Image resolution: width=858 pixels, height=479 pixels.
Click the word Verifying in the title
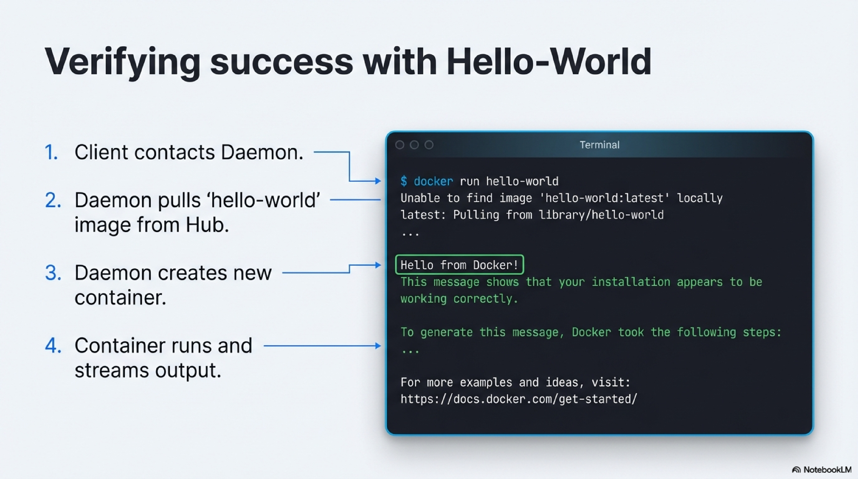point(122,62)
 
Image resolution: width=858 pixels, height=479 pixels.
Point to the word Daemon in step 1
point(262,152)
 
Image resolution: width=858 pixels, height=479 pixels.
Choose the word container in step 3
point(120,298)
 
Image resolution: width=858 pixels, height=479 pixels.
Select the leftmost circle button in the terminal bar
point(400,145)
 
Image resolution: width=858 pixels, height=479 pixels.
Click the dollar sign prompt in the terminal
point(404,181)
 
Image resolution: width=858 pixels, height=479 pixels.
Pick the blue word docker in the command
point(433,181)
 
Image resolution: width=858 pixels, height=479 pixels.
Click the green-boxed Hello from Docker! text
point(459,265)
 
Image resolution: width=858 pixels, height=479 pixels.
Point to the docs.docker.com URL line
point(519,399)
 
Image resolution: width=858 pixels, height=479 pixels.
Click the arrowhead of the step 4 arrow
point(378,346)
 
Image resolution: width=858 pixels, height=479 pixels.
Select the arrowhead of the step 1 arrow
point(378,181)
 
